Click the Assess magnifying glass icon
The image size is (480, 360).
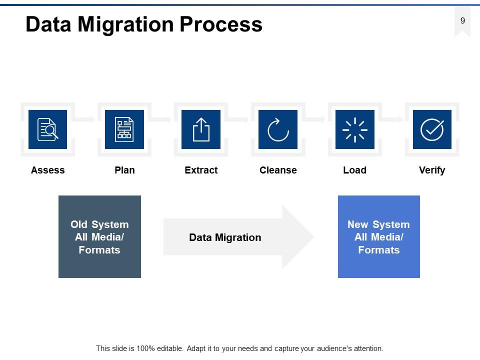[48, 129]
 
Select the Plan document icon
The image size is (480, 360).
[124, 129]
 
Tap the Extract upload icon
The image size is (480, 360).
[201, 129]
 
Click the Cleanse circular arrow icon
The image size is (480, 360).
[278, 129]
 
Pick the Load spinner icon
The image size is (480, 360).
[354, 129]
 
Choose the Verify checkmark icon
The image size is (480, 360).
[431, 129]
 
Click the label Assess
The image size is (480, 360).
[48, 170]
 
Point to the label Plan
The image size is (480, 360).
[124, 170]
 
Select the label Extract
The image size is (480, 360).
[201, 170]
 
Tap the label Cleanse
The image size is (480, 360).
[278, 170]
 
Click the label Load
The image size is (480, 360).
[354, 170]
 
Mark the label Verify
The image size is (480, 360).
[431, 170]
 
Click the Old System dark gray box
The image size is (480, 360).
[99, 236]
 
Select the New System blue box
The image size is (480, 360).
[378, 236]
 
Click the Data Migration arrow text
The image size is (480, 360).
[225, 237]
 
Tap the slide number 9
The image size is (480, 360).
[462, 20]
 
